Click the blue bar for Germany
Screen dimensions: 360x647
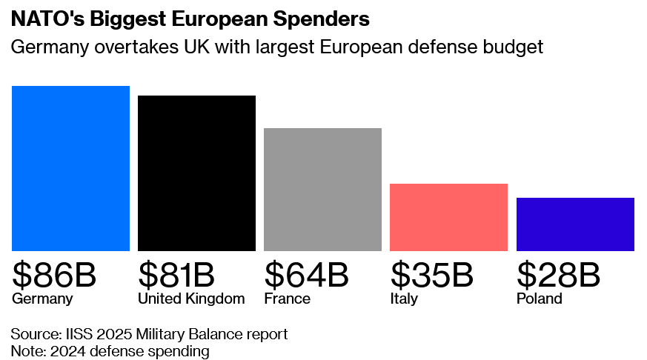coord(70,168)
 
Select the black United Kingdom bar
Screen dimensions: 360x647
coord(196,173)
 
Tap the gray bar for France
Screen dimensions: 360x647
coord(322,189)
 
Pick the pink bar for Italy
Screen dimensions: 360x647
coord(448,217)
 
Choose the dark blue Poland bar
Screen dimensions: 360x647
coord(575,224)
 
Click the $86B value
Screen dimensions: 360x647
coord(54,276)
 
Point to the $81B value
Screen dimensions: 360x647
coord(176,276)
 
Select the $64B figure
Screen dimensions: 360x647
coord(306,276)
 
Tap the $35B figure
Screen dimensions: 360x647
coord(431,276)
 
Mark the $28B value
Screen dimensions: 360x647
coord(558,276)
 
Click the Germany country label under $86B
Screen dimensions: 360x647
coord(42,299)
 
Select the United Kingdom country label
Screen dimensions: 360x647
coord(191,299)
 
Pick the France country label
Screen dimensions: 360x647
coord(287,299)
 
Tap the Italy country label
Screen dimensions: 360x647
coord(404,299)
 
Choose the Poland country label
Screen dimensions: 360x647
coord(539,299)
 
